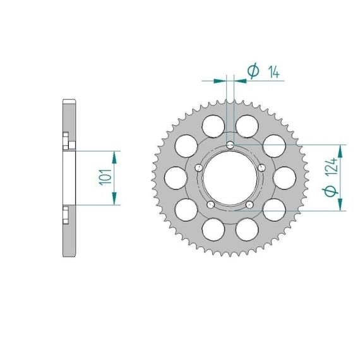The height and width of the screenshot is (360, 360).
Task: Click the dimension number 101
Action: click(x=105, y=177)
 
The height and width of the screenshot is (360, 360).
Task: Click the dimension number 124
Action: click(x=332, y=167)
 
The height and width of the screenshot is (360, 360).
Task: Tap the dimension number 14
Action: click(x=274, y=73)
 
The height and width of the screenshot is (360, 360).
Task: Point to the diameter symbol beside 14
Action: click(x=253, y=70)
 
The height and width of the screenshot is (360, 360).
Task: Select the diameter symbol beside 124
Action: click(x=330, y=191)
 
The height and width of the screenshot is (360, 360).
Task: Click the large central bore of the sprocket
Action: click(x=230, y=177)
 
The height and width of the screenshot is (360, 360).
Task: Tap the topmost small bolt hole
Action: click(x=230, y=145)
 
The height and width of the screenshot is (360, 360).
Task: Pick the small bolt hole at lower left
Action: click(x=210, y=205)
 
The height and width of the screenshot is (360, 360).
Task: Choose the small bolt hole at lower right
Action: click(x=249, y=205)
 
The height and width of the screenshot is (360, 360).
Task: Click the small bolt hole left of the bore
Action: click(x=198, y=168)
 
